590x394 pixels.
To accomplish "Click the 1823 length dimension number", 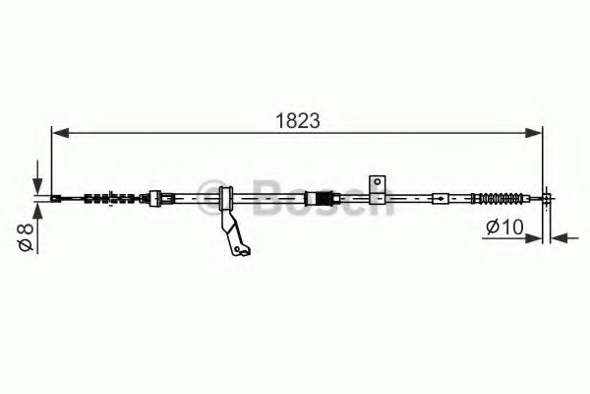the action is tap(298, 120).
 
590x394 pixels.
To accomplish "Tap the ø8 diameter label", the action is tap(26, 236).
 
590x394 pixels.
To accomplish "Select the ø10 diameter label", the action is tap(504, 227).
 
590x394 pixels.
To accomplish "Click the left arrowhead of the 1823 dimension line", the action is tap(61, 133).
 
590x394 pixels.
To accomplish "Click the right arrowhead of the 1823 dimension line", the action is tap(533, 133).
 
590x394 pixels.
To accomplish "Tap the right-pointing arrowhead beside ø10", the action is tap(533, 238).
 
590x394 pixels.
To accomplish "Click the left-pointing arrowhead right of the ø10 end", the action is tap(560, 238).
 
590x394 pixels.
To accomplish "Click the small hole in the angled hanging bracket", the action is tap(237, 249).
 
